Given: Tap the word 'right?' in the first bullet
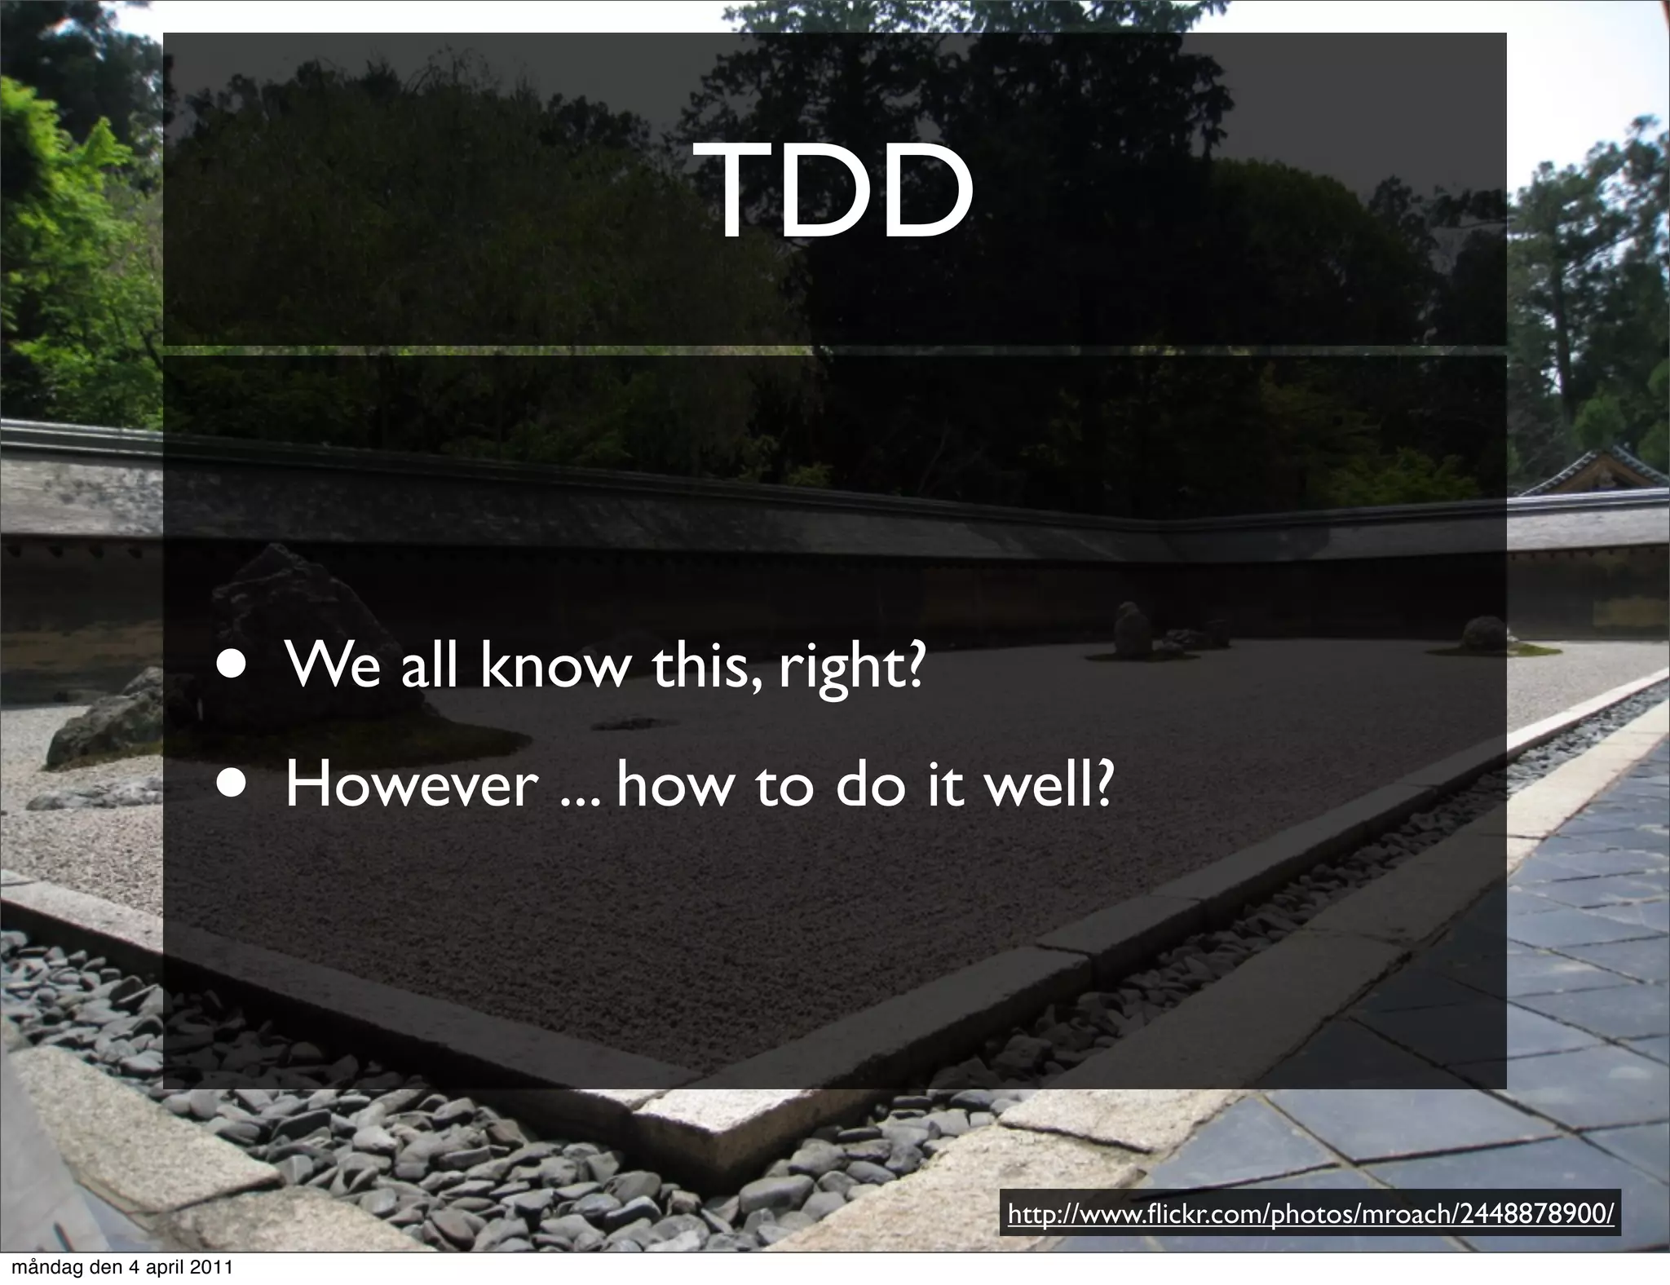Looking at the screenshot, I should click(x=852, y=667).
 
